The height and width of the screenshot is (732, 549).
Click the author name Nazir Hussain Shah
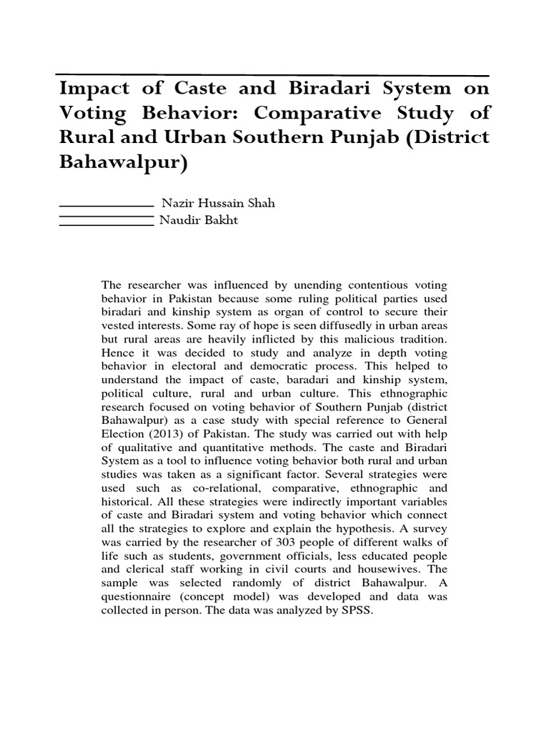tap(218, 203)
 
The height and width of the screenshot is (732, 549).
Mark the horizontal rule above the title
tap(272, 74)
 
